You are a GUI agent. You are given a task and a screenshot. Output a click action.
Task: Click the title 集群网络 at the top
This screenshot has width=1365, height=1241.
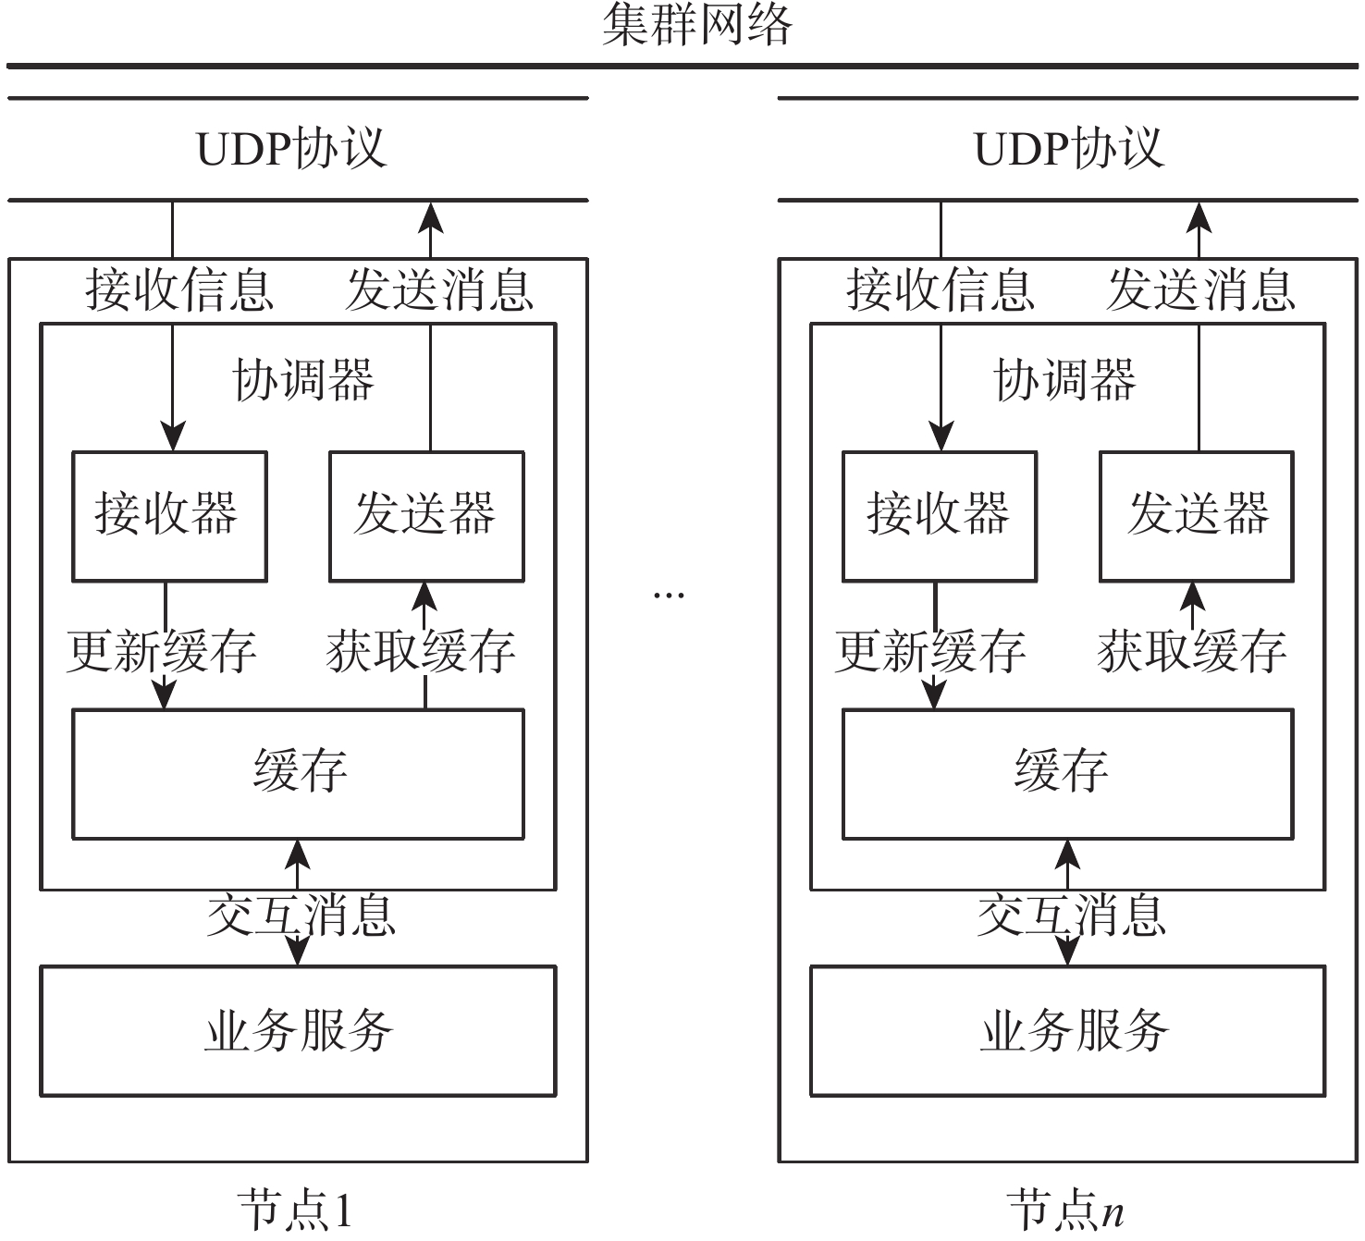tap(697, 25)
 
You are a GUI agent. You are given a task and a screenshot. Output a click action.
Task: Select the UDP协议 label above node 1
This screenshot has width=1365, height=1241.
tap(291, 149)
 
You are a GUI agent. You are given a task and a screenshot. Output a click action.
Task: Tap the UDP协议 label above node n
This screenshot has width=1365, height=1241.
tap(1069, 149)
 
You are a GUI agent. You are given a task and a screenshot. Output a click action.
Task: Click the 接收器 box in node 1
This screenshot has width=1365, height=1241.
tap(169, 516)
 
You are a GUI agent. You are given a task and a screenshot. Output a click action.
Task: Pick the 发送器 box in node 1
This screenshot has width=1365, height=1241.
tap(426, 516)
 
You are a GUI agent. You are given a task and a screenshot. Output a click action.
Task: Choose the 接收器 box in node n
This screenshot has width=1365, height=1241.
tap(939, 516)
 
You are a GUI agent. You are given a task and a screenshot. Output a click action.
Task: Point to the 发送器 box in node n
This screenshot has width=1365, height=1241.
tap(1197, 516)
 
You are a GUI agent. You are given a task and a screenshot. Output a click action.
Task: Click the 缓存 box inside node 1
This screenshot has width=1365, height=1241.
tap(299, 773)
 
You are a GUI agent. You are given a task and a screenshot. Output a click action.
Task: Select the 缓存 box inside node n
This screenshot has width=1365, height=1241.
tap(1067, 773)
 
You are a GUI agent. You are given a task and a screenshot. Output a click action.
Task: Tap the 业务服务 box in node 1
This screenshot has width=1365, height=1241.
tap(298, 1030)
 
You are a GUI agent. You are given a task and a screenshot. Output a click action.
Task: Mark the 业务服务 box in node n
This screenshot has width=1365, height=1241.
tap(1067, 1030)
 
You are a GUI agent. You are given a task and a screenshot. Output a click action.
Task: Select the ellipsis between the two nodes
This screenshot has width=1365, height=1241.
tap(669, 595)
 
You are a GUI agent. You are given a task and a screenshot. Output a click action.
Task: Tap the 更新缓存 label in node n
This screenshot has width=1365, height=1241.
tap(930, 651)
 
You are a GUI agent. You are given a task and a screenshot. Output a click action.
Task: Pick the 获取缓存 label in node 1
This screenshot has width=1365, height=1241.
tap(421, 651)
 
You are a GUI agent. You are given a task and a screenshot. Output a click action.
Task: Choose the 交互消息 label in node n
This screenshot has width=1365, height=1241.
tap(1071, 915)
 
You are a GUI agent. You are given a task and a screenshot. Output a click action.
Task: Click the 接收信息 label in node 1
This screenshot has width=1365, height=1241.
tap(179, 290)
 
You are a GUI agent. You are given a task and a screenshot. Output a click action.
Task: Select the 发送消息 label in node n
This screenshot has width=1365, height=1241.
tap(1200, 290)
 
